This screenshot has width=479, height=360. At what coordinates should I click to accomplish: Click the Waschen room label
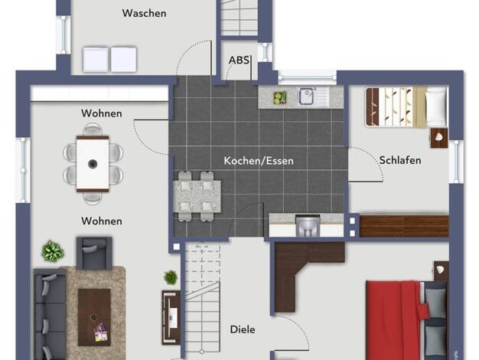144,13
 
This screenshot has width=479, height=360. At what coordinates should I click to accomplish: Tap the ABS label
239,61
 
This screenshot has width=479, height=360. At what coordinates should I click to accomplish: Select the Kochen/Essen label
259,161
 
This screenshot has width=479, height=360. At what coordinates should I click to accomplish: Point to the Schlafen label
400,160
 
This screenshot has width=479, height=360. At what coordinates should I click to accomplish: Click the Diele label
243,329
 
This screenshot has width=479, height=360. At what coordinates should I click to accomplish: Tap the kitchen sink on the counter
306,96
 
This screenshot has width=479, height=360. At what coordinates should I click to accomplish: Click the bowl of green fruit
279,97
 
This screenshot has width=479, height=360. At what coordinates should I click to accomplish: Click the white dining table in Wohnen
93,164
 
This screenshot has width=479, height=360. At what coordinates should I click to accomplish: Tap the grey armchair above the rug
94,254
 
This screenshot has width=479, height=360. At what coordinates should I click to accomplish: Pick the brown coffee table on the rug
94,317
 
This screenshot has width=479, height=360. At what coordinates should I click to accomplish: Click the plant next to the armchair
53,251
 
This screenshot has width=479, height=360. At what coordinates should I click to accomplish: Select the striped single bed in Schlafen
406,106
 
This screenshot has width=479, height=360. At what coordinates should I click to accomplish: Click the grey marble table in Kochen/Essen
197,196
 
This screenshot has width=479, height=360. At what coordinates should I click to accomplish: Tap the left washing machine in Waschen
96,59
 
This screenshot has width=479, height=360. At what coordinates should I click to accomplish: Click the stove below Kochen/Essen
308,225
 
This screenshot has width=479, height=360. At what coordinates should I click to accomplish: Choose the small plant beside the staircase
171,277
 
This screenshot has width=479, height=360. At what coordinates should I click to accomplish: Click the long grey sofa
50,315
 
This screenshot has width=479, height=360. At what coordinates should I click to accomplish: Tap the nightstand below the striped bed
439,138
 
